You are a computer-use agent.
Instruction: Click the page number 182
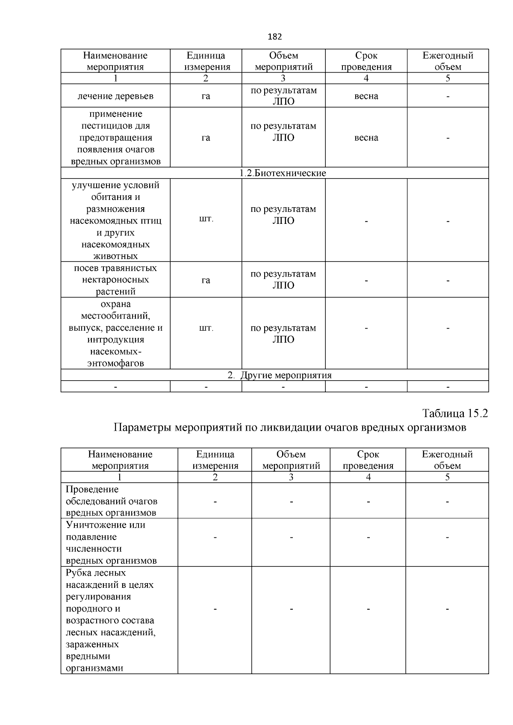tap(274, 37)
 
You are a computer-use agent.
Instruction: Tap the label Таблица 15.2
tap(455, 414)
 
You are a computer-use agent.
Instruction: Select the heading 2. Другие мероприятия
tap(280, 376)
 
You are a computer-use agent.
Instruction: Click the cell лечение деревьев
tap(115, 96)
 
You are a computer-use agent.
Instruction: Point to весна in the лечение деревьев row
tap(366, 96)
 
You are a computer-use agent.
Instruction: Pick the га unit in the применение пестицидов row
tap(206, 138)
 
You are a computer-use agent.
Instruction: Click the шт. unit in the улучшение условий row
tap(206, 219)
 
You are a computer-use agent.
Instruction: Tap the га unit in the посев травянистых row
tap(206, 280)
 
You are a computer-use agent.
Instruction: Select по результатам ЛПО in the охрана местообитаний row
tap(283, 334)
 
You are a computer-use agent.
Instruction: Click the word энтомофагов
tap(115, 364)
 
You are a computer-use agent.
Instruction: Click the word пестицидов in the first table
tap(115, 126)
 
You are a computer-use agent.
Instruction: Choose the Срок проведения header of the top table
tap(366, 61)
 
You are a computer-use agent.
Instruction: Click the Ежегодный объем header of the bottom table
tap(447, 460)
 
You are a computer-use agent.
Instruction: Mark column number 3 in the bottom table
tap(291, 477)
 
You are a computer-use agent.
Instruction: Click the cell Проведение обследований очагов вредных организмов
tap(112, 501)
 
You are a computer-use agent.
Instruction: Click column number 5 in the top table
tap(448, 78)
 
